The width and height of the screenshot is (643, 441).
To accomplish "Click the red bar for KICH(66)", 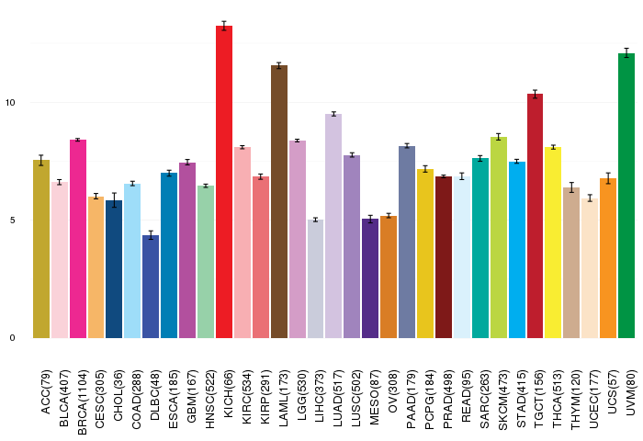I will pos(224,184).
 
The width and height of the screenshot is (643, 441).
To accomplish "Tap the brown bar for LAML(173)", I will pos(279,202).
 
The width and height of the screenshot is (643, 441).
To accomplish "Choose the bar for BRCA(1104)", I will pos(78,239).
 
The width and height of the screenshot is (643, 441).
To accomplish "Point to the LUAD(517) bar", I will pos(333,226).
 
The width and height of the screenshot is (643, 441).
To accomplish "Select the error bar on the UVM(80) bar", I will pos(626,53).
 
